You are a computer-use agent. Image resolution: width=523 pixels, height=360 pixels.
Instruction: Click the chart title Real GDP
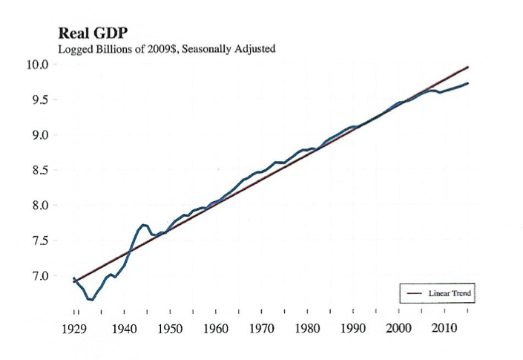89,34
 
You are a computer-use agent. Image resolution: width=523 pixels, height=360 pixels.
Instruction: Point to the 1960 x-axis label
215,327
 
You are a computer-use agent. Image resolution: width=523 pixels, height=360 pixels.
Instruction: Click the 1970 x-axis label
261,327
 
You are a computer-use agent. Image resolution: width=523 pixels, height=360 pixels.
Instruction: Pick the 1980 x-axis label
307,327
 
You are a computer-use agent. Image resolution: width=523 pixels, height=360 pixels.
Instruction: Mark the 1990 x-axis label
352,327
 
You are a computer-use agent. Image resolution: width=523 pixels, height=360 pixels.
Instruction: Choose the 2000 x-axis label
398,327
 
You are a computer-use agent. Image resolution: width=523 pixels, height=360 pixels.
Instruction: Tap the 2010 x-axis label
444,327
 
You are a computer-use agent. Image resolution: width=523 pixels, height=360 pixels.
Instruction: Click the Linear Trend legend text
449,294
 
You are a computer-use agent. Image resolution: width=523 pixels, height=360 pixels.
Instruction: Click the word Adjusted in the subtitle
253,50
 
